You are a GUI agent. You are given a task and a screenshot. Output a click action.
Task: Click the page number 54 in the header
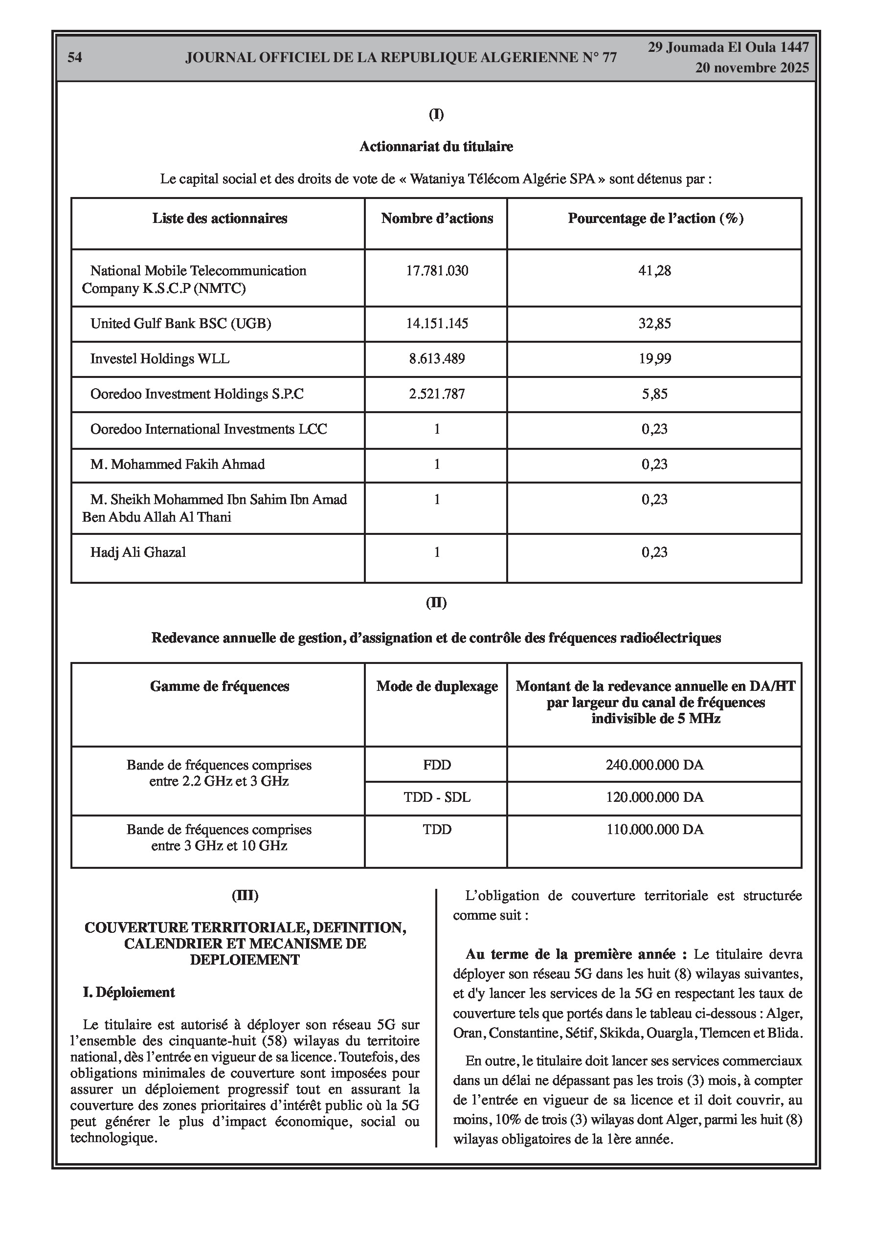[75, 58]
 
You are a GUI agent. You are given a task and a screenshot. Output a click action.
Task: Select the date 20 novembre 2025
[751, 68]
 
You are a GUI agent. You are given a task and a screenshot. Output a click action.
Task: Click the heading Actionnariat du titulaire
[436, 146]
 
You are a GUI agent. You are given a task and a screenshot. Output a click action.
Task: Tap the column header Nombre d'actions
[437, 219]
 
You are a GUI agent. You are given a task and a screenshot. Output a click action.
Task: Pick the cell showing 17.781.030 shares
[437, 270]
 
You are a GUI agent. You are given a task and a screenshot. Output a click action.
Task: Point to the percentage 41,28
[654, 270]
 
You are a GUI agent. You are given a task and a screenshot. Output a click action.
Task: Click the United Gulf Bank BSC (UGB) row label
[181, 323]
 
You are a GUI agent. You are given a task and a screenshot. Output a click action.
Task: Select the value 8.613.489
[437, 359]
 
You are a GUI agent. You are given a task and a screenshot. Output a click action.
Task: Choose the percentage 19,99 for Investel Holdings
[654, 359]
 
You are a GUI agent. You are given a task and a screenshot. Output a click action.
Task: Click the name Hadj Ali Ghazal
[138, 552]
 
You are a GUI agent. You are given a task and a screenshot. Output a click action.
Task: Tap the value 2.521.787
[437, 394]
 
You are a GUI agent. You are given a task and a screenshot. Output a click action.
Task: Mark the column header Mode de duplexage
[437, 686]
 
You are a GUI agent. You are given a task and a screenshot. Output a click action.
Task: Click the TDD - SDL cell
[437, 797]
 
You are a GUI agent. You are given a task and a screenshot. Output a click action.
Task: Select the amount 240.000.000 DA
[654, 765]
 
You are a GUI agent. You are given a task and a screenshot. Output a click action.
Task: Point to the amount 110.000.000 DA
[654, 829]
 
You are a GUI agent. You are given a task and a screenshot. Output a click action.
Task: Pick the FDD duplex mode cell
[437, 765]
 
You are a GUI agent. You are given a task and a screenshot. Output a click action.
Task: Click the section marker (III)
[245, 896]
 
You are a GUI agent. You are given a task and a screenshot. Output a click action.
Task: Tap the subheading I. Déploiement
[129, 992]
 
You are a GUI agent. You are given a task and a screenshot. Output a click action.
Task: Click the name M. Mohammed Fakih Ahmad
[178, 464]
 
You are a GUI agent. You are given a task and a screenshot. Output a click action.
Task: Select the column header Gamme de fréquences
[220, 686]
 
